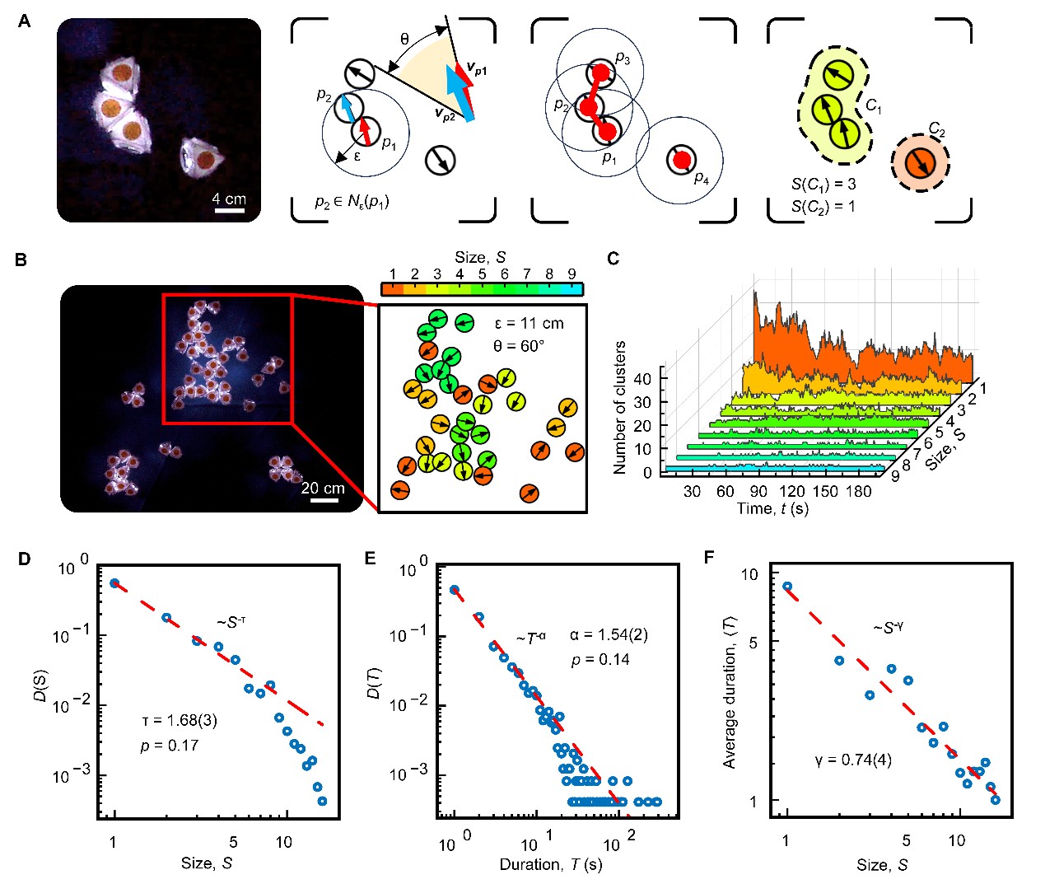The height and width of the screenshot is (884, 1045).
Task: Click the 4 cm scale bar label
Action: (229, 199)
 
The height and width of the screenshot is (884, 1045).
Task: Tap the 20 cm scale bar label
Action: (323, 488)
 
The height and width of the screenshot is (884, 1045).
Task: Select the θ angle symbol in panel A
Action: (404, 39)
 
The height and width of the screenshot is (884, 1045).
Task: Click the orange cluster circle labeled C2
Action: (920, 163)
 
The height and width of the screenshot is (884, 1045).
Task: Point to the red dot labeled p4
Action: (683, 160)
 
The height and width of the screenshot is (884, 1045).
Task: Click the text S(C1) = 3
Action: (823, 184)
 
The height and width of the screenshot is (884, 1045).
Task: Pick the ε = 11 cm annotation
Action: (529, 323)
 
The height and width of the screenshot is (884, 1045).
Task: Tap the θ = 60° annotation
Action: (519, 346)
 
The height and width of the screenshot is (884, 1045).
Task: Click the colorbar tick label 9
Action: (571, 274)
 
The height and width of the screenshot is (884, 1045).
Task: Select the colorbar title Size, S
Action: (480, 257)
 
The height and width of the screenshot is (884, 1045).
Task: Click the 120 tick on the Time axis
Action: (791, 491)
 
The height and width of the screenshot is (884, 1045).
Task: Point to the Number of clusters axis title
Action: (620, 407)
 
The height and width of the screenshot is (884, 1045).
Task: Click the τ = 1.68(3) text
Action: (180, 720)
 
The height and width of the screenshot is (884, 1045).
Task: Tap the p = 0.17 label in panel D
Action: (170, 746)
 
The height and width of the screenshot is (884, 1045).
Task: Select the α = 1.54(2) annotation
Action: (609, 634)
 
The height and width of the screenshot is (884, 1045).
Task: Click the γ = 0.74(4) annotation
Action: (853, 760)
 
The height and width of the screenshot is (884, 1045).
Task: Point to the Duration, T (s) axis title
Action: (551, 864)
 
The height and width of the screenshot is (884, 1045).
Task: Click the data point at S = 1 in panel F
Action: (787, 586)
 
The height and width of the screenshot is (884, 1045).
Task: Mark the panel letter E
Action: (370, 558)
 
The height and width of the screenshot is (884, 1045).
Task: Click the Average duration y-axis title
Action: (729, 692)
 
